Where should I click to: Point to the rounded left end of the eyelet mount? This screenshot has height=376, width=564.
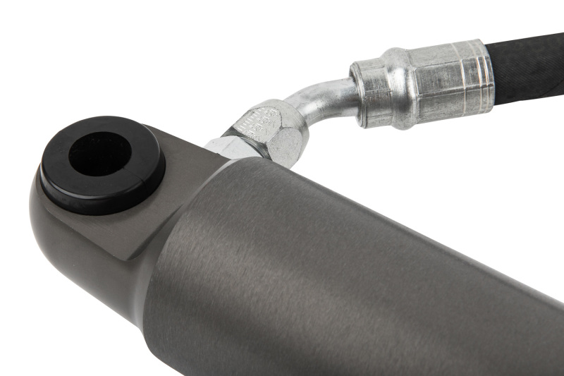pos(42,212)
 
